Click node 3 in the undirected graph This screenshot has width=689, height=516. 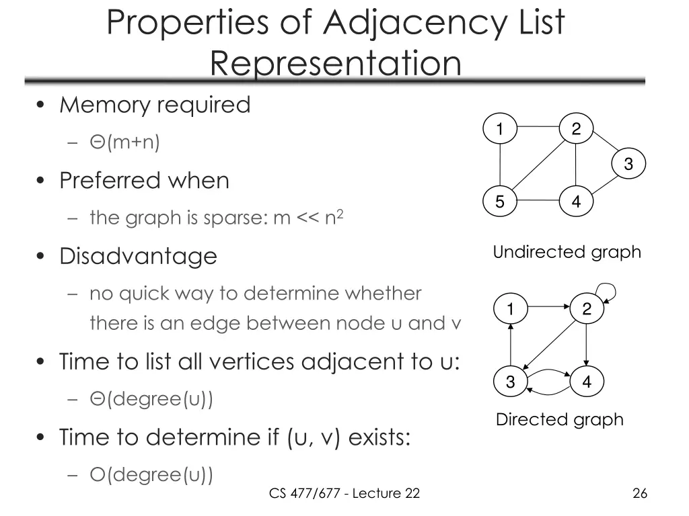(628, 164)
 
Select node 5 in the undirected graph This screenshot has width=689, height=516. (500, 202)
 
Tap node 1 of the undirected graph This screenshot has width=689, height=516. (500, 129)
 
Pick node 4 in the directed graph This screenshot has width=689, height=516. (587, 382)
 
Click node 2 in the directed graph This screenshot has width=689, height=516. (587, 309)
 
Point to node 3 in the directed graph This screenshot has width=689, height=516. (511, 382)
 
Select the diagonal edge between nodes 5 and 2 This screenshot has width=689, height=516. (538, 165)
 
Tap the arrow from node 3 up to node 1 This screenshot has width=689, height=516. (511, 345)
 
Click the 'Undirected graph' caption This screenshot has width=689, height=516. (567, 253)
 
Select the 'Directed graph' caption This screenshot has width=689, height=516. (559, 420)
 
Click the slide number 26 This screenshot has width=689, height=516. (640, 494)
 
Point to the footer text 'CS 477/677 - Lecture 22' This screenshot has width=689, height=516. (344, 494)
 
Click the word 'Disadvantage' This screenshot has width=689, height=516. (138, 256)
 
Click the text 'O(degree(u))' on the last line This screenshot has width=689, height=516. (151, 475)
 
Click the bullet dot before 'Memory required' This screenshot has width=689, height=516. (41, 105)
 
